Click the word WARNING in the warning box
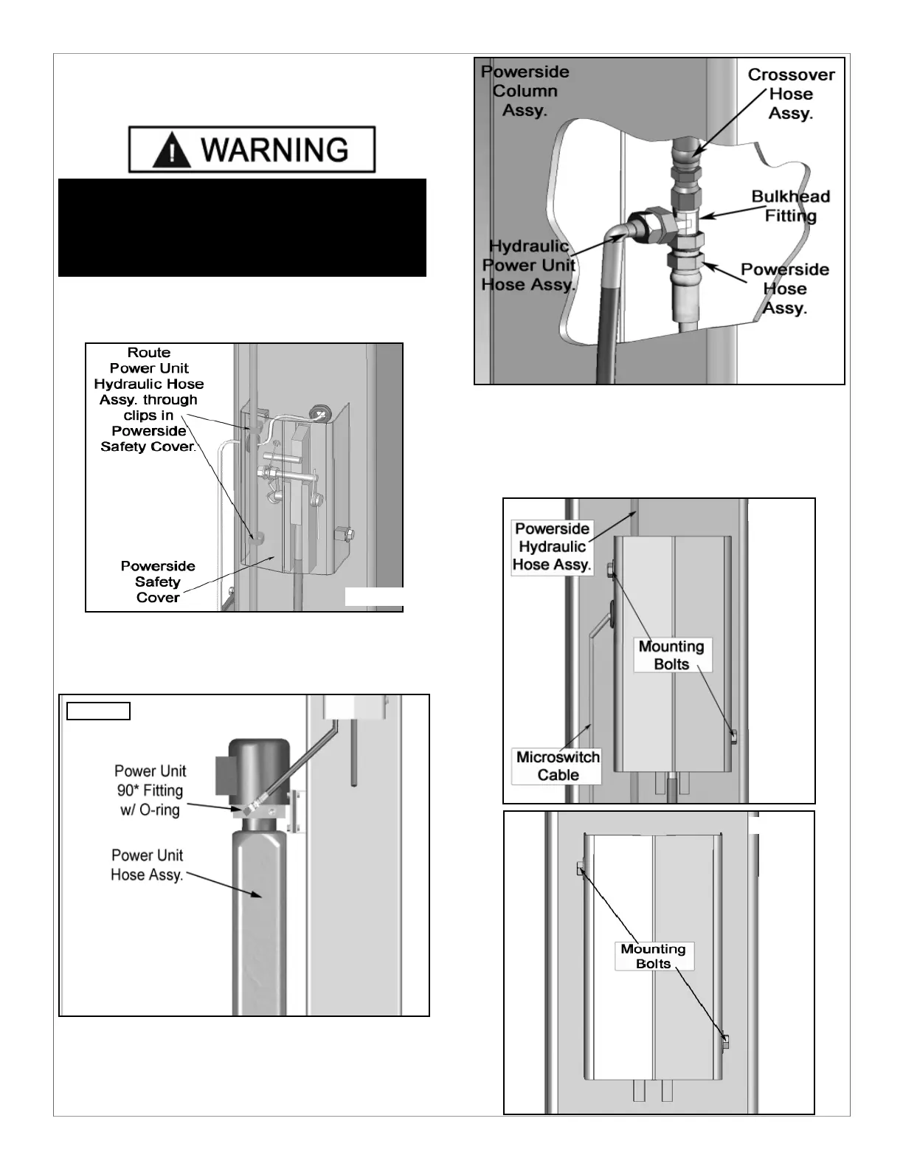click(x=274, y=150)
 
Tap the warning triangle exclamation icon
click(x=171, y=151)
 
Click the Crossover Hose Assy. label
click(x=791, y=94)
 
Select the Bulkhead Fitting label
click(x=790, y=206)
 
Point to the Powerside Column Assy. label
click(x=525, y=91)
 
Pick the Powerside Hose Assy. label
click(x=784, y=289)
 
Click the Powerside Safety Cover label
click(x=158, y=582)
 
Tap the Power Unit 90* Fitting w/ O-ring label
click(x=150, y=790)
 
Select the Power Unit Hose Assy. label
click(x=147, y=865)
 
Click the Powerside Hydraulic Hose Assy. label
click(x=552, y=547)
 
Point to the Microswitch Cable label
click(x=558, y=766)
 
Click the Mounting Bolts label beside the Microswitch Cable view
click(x=671, y=655)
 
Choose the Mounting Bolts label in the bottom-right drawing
click(x=653, y=956)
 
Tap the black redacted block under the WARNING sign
click(x=242, y=227)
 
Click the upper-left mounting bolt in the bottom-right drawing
click(x=581, y=868)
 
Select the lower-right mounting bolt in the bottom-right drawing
click(x=725, y=1041)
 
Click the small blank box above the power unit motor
click(x=98, y=711)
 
